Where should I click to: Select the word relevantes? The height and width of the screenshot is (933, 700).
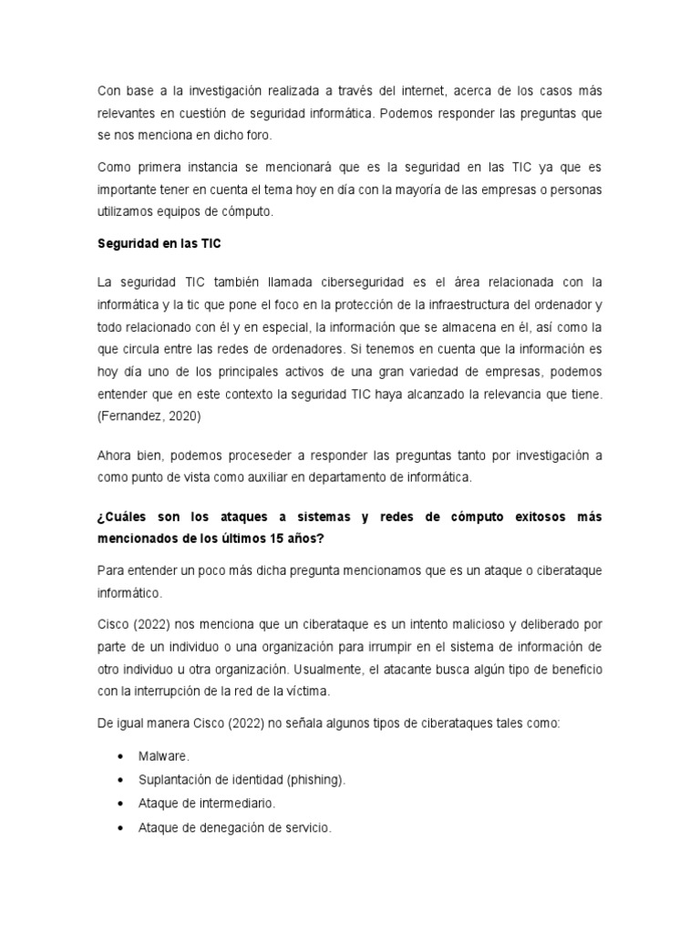127,113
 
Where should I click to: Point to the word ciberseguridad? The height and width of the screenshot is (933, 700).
341,282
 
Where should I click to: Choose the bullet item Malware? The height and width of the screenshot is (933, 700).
165,757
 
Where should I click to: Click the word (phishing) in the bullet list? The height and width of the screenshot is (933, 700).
315,781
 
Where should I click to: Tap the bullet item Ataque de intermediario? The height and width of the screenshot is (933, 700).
206,805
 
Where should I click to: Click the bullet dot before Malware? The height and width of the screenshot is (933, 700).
120,757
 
